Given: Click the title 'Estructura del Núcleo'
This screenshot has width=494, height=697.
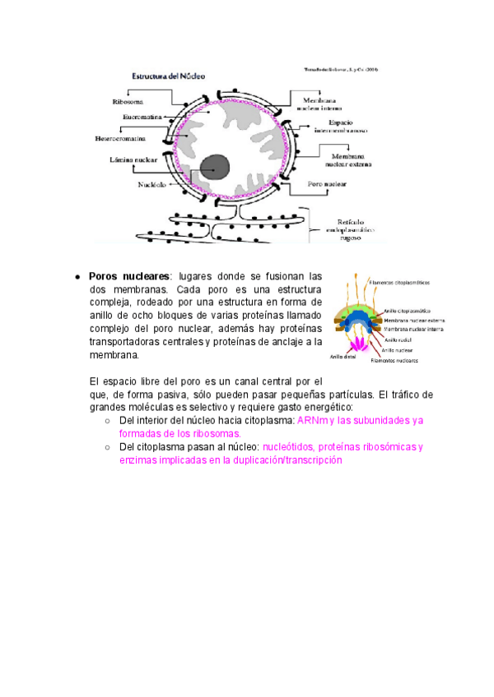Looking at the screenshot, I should click(x=170, y=76).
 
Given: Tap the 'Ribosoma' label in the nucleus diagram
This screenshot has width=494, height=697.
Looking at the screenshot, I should click(x=128, y=102).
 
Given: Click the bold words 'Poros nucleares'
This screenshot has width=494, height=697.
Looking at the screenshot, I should click(x=129, y=276).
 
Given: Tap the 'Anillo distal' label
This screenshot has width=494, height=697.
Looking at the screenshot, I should click(x=343, y=357).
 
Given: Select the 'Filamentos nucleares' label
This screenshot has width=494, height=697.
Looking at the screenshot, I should click(x=394, y=360).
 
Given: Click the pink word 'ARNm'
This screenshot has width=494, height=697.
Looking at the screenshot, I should click(x=312, y=420).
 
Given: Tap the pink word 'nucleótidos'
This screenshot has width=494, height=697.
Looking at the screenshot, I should click(x=292, y=447).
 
